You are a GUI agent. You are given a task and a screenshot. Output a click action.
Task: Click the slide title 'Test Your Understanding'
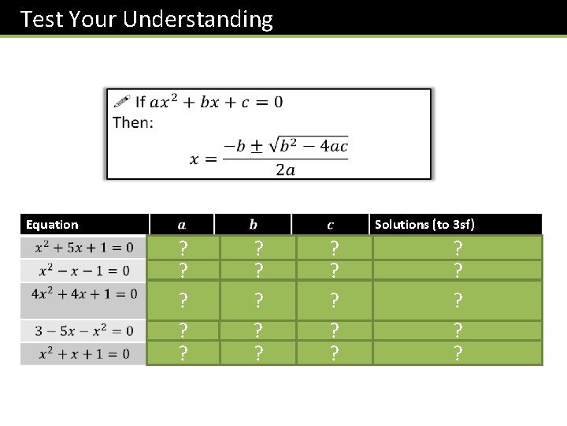146,19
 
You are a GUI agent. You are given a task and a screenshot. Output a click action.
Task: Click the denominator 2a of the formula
285,170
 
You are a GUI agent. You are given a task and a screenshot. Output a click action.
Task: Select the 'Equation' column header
52,225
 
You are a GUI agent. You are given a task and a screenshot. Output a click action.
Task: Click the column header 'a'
182,225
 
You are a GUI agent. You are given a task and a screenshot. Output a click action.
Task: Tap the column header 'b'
253,225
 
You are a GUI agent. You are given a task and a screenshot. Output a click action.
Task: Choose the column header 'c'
330,225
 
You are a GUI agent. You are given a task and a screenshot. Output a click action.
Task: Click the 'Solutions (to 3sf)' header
424,225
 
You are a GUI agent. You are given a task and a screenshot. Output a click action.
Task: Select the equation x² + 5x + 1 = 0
83,248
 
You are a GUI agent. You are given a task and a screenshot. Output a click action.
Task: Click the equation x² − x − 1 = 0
83,271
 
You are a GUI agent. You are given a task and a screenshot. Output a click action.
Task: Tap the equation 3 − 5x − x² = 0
83,331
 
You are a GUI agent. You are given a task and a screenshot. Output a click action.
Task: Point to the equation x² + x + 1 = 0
83,353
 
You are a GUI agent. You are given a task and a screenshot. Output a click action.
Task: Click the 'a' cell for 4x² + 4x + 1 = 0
183,301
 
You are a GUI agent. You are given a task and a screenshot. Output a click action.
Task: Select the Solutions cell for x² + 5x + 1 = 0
457,248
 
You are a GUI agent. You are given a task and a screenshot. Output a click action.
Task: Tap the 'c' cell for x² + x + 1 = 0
334,353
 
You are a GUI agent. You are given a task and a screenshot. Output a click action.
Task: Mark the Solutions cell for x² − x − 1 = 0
457,271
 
